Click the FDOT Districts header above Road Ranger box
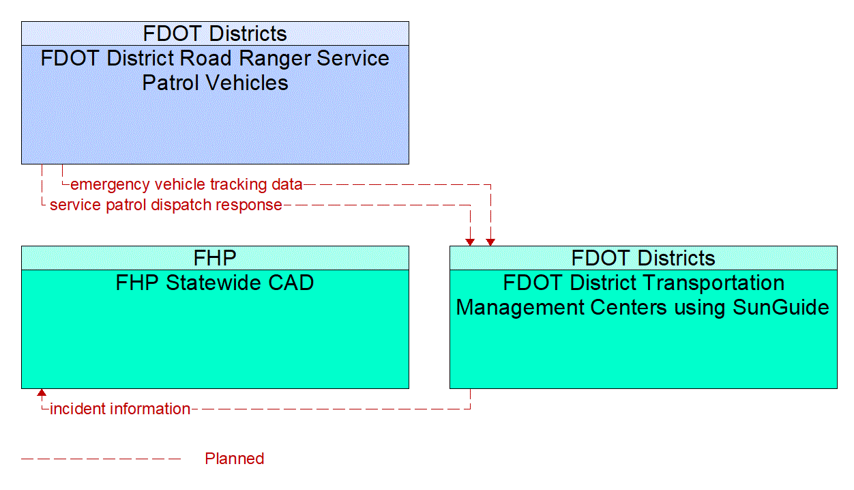215,33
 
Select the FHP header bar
215,258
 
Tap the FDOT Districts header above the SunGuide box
643,258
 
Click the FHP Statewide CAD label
215,283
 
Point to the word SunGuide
781,307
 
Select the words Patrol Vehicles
215,83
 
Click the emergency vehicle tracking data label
186,184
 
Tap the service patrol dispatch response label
166,205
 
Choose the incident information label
120,409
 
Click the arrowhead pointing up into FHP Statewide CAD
42,392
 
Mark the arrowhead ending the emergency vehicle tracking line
490,242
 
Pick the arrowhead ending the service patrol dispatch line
470,242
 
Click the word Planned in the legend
234,459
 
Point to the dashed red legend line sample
101,459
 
